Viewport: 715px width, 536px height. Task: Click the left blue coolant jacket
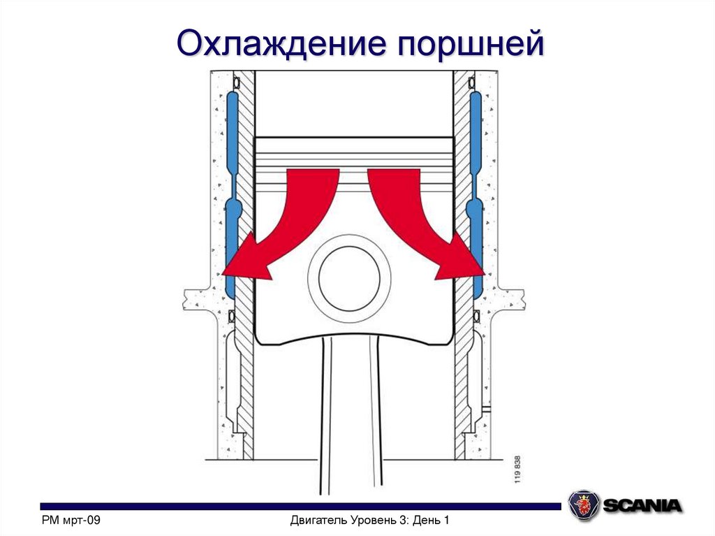232,189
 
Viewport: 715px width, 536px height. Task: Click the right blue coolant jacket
476,189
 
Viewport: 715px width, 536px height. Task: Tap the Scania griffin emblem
582,504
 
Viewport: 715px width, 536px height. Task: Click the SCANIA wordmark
642,505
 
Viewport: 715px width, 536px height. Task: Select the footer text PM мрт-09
72,520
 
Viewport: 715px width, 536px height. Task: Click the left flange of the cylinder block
193,299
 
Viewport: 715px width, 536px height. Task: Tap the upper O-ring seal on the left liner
236,84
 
